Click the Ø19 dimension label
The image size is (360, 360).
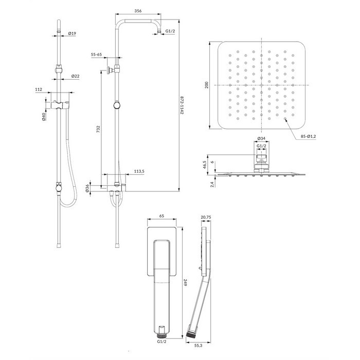click(x=73, y=33)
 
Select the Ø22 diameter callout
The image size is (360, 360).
click(x=75, y=77)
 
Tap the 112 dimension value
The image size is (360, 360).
click(x=52, y=89)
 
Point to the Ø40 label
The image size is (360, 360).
click(x=45, y=117)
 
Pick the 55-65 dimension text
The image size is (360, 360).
click(x=97, y=54)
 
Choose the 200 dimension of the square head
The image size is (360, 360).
click(x=207, y=85)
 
